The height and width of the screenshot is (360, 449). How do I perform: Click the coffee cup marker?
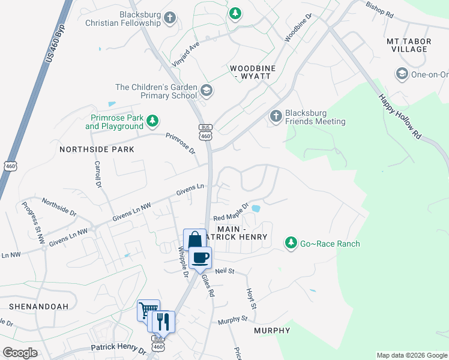(x=200, y=257)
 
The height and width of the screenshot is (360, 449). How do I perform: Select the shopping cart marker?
(x=148, y=310)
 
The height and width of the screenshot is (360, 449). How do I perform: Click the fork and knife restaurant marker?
(x=163, y=322)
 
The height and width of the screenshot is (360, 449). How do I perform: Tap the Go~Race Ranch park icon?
(x=291, y=242)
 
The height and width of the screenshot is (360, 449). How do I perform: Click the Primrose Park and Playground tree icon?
(x=152, y=122)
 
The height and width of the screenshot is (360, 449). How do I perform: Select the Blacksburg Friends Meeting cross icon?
(x=276, y=116)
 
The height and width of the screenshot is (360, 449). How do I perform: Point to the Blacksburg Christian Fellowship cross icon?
(x=170, y=18)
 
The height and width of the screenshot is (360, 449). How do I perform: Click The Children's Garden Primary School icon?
(x=206, y=91)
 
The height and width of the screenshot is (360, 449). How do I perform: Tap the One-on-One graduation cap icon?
(x=401, y=74)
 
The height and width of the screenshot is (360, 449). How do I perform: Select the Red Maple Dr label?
(x=231, y=212)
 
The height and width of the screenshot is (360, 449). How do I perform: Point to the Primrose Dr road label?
(x=181, y=143)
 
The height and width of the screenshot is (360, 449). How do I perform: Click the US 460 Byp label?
(x=55, y=37)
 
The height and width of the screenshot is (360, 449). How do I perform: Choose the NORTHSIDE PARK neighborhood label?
(x=96, y=148)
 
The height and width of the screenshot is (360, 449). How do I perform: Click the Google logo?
(x=20, y=352)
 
